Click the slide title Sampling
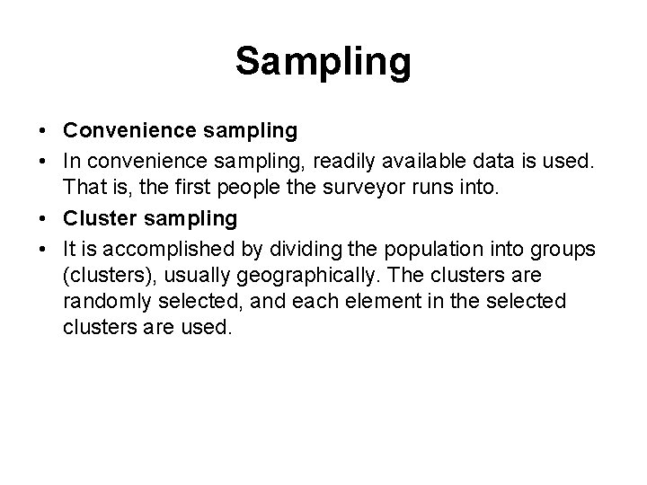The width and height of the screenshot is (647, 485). pos(323,62)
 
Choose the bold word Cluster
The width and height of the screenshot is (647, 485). pos(99,218)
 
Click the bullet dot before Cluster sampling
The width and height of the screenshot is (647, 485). pos(44,218)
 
